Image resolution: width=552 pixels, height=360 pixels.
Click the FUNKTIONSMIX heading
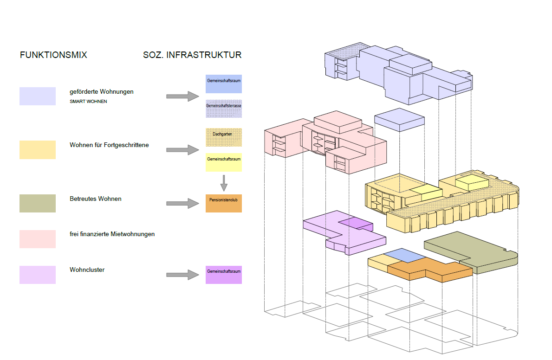coord(53,55)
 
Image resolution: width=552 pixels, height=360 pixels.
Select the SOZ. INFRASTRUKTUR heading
coord(192,55)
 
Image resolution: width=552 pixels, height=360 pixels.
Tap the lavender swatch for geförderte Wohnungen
coord(38,96)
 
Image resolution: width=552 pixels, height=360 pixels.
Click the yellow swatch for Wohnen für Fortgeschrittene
coord(38,150)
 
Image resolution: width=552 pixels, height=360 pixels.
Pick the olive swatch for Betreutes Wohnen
coord(38,203)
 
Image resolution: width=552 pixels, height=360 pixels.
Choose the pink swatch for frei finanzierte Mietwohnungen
coord(38,238)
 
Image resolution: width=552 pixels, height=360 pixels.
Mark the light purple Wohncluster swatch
coord(38,275)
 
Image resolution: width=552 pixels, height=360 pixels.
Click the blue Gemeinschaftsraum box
coord(224,84)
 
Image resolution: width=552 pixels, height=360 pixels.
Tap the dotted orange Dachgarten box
coord(224,137)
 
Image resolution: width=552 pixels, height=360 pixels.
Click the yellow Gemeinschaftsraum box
coord(224,162)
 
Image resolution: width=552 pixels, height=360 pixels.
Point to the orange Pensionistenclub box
coord(224,203)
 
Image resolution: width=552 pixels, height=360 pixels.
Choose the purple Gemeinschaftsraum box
coord(224,275)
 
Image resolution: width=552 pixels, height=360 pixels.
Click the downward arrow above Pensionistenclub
coord(224,183)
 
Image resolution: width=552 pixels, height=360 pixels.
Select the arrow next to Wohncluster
coord(182,275)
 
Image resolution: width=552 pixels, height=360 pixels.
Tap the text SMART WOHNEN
coord(88,102)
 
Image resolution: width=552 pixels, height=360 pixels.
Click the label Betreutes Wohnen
coord(96,199)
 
